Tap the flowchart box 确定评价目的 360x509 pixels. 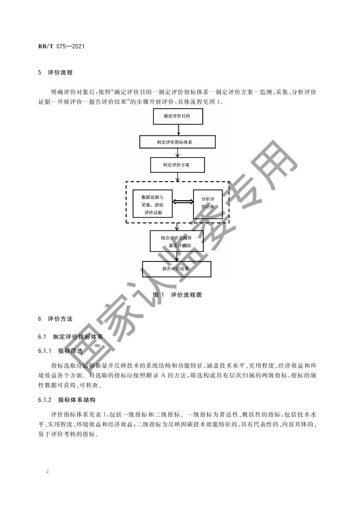click(x=176, y=116)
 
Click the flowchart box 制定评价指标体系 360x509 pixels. click(x=177, y=142)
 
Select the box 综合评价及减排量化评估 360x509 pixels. click(x=177, y=241)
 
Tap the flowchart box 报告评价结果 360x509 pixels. click(x=177, y=269)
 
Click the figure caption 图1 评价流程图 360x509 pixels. click(x=177, y=294)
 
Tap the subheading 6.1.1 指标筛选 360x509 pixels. click(x=60, y=351)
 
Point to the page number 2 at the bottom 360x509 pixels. click(x=48, y=471)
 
